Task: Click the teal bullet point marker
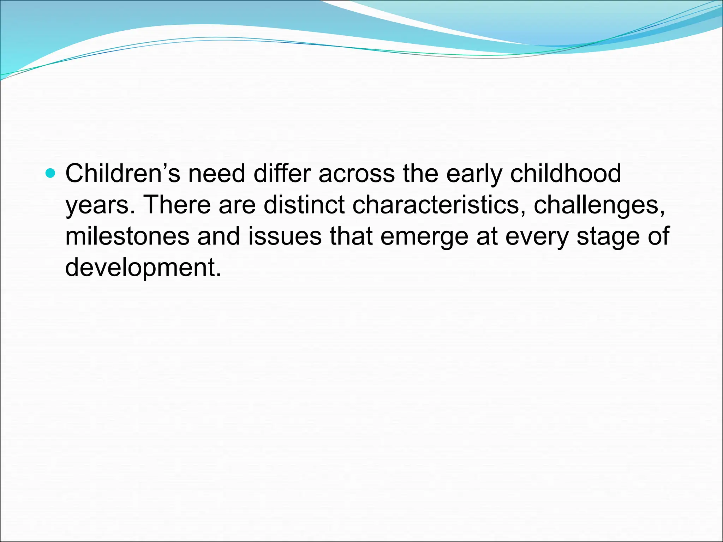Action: pyautogui.click(x=51, y=173)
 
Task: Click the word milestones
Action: pyautogui.click(x=127, y=236)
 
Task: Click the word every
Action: pyautogui.click(x=537, y=236)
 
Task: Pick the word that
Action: pyautogui.click(x=351, y=236)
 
